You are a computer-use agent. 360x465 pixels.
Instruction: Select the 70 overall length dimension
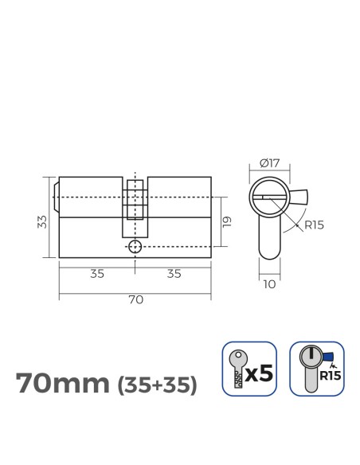[x=135, y=300]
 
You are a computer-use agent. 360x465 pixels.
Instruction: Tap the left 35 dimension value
[x=96, y=274]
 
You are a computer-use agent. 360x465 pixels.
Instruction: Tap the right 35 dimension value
[x=174, y=274]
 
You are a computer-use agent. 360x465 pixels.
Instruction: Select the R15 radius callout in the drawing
[x=312, y=225]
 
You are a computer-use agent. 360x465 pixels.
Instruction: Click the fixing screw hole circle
[x=135, y=247]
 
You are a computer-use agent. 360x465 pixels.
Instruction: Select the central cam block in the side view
[x=135, y=199]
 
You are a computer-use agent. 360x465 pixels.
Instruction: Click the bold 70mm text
[x=63, y=384]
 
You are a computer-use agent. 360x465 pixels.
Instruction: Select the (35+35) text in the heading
[x=156, y=385]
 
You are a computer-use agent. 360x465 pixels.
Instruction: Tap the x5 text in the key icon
[x=259, y=373]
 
